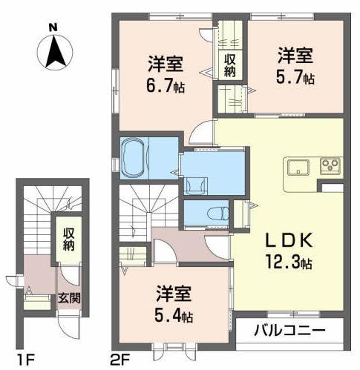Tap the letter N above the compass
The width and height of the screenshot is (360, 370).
pos(53,27)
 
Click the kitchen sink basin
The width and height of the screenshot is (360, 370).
pos(298,165)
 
